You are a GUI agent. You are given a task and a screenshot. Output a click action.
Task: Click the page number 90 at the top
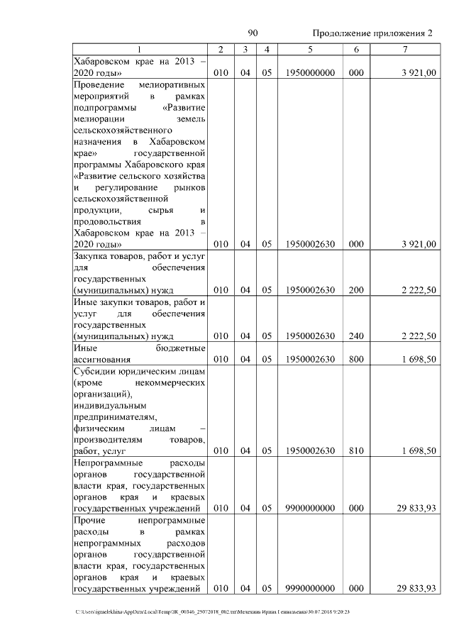click(253, 33)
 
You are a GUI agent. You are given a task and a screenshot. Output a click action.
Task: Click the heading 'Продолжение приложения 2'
click(372, 34)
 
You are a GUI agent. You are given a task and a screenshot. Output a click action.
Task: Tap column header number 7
click(404, 49)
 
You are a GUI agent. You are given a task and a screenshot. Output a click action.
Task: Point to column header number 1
click(140, 49)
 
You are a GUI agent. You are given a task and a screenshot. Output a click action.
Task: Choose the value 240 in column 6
click(356, 336)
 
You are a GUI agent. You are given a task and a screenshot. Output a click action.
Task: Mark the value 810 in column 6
click(356, 450)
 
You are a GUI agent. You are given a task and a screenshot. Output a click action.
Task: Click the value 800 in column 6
click(356, 359)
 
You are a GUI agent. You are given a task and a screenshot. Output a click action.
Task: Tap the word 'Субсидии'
click(94, 371)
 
